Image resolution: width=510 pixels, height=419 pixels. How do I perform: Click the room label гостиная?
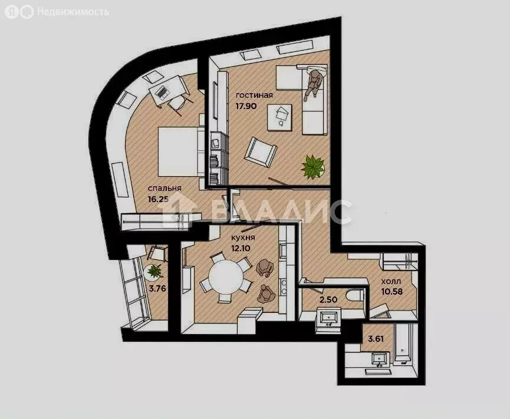(254, 95)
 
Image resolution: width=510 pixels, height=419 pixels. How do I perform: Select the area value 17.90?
(248, 107)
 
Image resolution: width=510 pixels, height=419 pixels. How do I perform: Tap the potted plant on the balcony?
(154, 271)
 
